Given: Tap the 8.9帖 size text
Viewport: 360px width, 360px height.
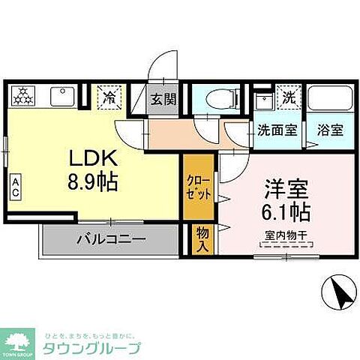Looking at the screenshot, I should click(x=92, y=181).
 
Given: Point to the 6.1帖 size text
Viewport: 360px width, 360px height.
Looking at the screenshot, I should click(x=279, y=210).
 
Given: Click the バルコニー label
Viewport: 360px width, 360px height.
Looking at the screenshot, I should click(x=111, y=241).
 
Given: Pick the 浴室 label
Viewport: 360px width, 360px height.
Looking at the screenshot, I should click(x=329, y=128).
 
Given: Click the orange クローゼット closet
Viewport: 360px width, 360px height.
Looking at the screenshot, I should click(x=193, y=185).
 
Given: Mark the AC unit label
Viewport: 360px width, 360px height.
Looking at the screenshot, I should click(x=16, y=186).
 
